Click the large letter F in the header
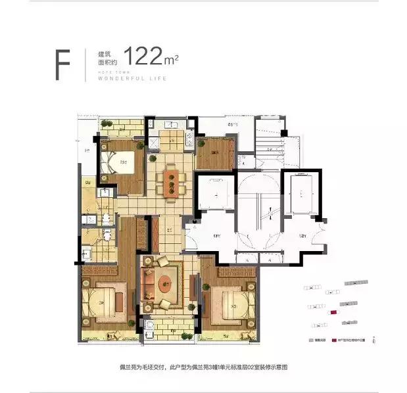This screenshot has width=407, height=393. pos(63,64)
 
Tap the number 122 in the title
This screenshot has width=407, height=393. pos(145,57)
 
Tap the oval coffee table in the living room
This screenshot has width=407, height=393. pos(168,285)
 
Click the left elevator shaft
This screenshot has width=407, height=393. pos(214,194)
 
